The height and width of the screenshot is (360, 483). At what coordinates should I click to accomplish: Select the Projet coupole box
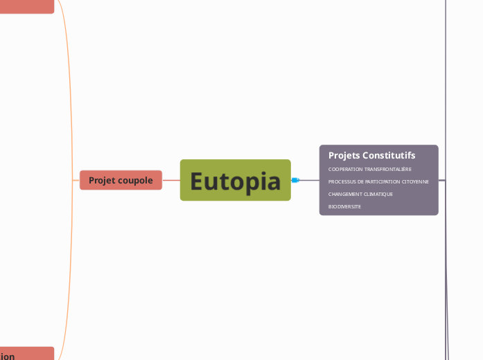pos(121,180)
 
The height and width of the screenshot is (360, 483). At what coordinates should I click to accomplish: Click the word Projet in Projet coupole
pos(102,180)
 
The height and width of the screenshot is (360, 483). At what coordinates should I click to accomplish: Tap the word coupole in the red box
pos(135,180)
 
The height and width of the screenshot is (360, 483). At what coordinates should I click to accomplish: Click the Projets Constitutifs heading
pos(371,155)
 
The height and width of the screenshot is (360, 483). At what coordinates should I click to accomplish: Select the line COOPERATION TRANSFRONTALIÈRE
pos(370,169)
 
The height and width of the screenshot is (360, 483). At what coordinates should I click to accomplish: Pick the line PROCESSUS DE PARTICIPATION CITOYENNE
pos(378,181)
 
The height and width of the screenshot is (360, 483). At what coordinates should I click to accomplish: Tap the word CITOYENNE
pos(415,181)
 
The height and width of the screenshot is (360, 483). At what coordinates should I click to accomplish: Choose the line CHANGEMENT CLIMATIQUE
pos(360,194)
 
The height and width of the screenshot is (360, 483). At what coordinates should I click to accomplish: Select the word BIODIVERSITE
pos(344,206)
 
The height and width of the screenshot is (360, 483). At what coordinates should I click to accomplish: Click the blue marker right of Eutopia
pos(295,180)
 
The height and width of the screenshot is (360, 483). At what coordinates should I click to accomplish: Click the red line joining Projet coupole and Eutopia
pos(170,180)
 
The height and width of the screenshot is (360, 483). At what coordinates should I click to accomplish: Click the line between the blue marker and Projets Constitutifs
pos(309,180)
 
